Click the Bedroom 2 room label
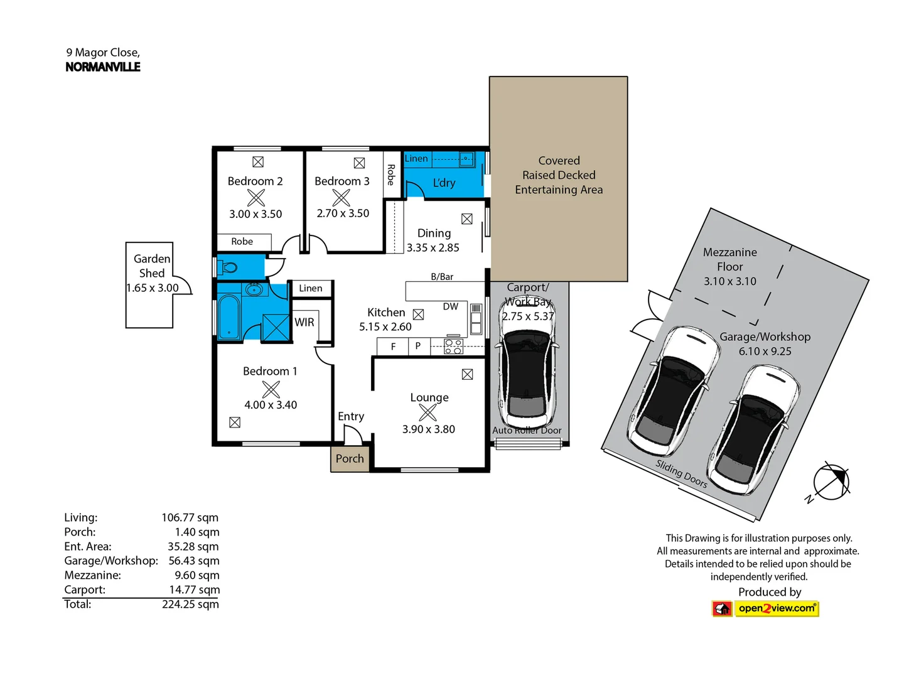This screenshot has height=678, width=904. (255, 181)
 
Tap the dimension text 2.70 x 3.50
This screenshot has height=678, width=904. (343, 213)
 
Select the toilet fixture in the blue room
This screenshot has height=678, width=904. (229, 268)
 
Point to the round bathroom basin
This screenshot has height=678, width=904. (254, 289)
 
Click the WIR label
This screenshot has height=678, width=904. (304, 322)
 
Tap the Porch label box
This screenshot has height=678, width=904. (350, 459)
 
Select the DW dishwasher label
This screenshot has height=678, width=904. (451, 307)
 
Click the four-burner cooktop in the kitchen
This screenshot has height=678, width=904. (453, 347)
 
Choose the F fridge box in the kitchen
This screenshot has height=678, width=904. (393, 347)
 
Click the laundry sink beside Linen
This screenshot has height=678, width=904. (466, 159)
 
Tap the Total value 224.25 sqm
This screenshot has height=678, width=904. (190, 605)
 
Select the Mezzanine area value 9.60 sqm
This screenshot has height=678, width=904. (196, 576)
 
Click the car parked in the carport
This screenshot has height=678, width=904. (527, 364)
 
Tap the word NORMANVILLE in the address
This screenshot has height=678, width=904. (103, 67)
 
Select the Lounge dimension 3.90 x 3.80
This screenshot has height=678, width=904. (429, 429)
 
